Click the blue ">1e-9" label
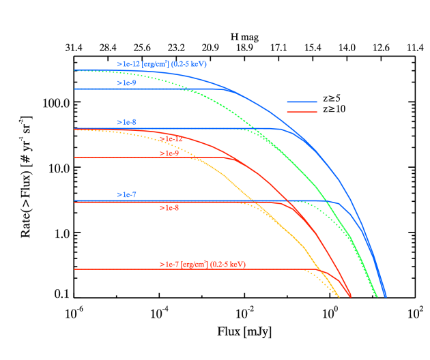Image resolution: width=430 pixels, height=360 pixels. click(126, 82)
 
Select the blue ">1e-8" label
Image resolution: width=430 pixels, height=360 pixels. click(126, 122)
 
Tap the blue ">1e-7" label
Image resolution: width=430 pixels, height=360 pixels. click(126, 194)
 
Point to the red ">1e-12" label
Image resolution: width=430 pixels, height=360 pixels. click(171, 139)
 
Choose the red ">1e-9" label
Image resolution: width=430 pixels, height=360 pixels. click(169, 153)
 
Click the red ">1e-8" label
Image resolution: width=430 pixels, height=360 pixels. click(169, 207)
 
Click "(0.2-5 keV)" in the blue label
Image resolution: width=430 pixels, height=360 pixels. click(189, 64)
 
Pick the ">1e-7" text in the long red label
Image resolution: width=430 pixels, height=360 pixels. click(169, 264)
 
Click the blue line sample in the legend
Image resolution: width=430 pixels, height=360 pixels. click(302, 102)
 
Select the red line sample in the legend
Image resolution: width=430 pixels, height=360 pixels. click(302, 111)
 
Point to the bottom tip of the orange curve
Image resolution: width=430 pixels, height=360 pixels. click(339, 297)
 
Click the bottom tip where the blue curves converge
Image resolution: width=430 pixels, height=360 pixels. click(386, 297)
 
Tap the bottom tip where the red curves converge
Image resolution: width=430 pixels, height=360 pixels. click(351, 297)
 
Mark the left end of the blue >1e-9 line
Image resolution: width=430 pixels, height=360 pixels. click(74, 89)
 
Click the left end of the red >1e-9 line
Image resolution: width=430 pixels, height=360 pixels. click(74, 157)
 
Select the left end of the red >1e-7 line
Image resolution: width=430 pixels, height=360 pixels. click(74, 269)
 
